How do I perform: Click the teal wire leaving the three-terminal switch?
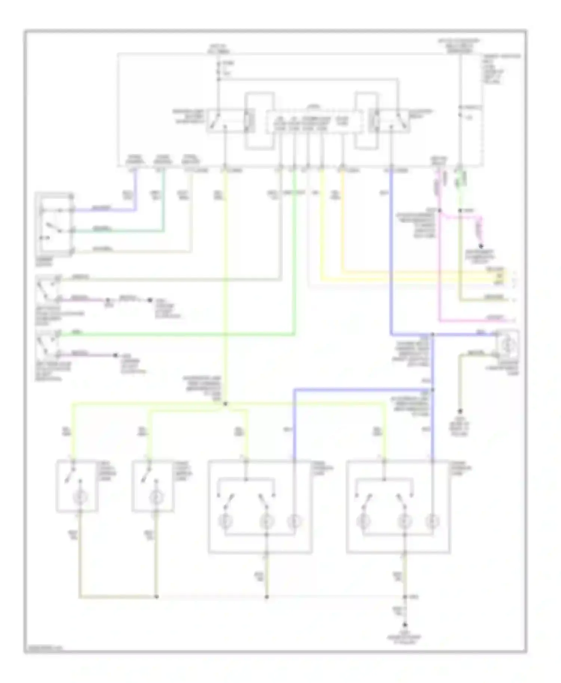(x=120, y=231)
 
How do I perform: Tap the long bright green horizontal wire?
(x=176, y=335)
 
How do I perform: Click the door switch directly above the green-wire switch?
(x=47, y=289)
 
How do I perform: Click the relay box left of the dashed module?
(x=230, y=121)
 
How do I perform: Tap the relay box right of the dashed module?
(x=389, y=121)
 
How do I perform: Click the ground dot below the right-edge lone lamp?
(x=460, y=411)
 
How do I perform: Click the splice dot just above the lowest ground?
(x=405, y=597)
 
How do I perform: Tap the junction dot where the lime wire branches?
(x=225, y=404)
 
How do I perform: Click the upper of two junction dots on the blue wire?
(x=432, y=334)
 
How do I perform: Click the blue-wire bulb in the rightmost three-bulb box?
(x=432, y=520)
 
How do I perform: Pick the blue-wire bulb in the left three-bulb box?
(x=294, y=520)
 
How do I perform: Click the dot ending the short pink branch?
(x=481, y=246)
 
